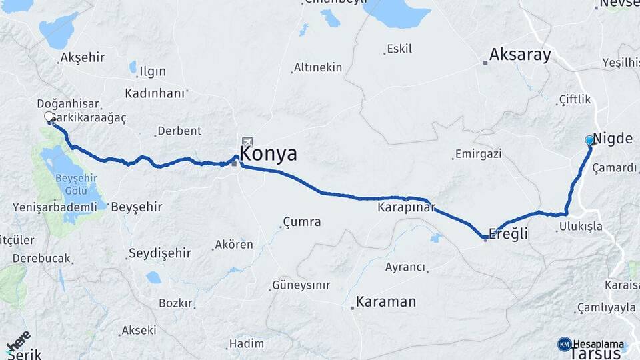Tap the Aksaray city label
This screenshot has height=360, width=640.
tap(520, 55)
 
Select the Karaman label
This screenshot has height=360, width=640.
tap(385, 301)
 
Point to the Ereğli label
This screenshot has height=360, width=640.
tap(508, 233)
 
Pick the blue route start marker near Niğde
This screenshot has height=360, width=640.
tap(589, 141)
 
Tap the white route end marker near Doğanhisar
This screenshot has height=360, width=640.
tap(49, 117)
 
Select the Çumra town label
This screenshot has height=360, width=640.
tap(301, 221)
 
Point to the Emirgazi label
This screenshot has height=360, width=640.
tap(477, 154)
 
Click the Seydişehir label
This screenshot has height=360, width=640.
tap(159, 253)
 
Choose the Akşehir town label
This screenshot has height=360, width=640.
tap(82, 57)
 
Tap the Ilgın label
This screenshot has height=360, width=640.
tap(152, 71)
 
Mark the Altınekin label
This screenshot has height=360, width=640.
tap(317, 67)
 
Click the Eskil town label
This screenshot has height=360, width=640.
tap(399, 49)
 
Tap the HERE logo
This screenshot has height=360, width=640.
tap(18, 341)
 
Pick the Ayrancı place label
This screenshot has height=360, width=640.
tap(405, 267)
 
